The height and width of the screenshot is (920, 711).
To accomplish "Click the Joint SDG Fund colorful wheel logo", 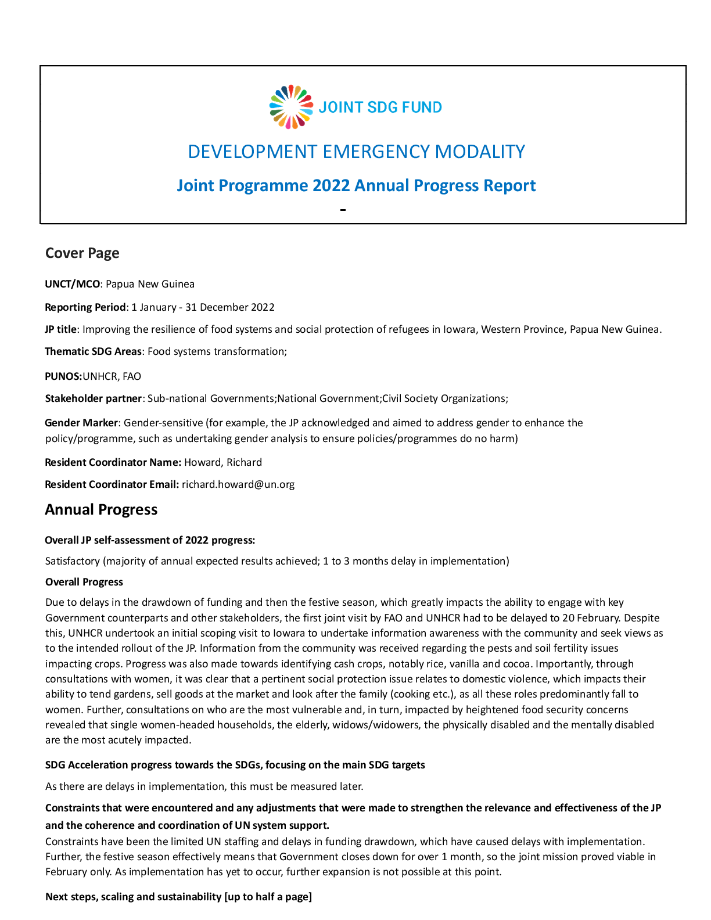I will [291, 107].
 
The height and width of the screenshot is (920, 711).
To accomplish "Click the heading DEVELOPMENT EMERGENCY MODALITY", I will [356, 152].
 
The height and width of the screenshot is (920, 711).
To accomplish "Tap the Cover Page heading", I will [82, 253].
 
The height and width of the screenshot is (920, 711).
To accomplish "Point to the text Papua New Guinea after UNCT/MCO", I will [150, 284].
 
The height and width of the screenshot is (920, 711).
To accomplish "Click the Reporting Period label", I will [85, 307].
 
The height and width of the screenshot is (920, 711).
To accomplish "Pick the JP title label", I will [60, 329].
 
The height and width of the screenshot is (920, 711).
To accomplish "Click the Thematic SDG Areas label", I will [93, 351].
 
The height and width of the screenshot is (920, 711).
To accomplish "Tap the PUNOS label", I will [63, 376].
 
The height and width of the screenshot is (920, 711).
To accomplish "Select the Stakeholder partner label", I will [94, 398].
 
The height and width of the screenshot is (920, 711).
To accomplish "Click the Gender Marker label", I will [81, 423].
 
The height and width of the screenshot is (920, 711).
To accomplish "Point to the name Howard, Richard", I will [223, 462].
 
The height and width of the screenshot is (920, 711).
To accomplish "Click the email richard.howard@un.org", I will [238, 484].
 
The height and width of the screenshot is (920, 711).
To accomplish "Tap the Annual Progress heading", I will [101, 509].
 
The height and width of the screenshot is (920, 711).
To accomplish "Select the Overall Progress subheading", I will [84, 582].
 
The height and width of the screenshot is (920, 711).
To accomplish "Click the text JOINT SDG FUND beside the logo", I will [380, 107].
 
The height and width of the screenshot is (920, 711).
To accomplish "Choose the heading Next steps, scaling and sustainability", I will [178, 897].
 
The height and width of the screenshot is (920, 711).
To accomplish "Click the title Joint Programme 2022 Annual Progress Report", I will [356, 185].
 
